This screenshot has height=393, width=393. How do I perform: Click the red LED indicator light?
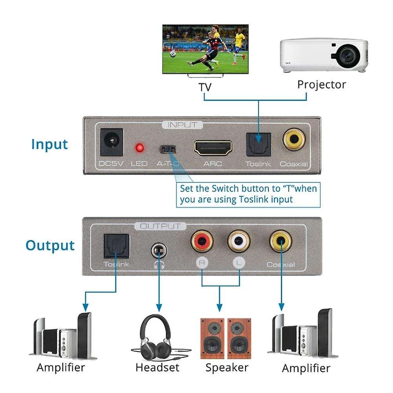click(139, 148)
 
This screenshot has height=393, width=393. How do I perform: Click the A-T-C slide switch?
click(168, 149)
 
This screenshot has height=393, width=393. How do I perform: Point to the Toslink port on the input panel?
click(258, 144)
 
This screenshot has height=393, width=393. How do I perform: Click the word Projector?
click(322, 84)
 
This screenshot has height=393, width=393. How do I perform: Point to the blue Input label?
click(49, 144)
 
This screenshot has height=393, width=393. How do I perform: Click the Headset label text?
click(157, 367)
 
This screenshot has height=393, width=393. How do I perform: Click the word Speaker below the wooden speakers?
click(227, 367)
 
